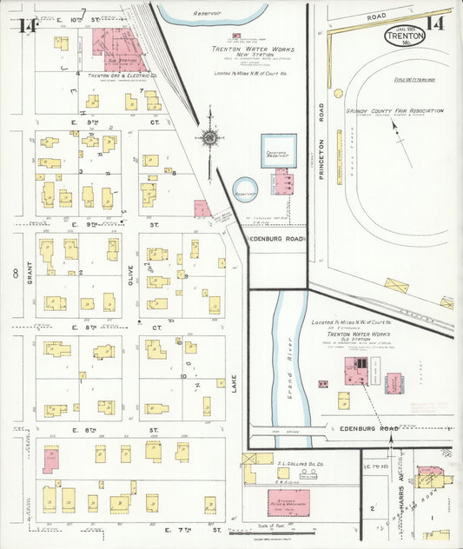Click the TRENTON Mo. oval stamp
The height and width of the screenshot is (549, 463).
[406, 36]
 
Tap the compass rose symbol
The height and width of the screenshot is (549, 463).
[209, 137]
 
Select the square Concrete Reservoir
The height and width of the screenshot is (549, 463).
[279, 150]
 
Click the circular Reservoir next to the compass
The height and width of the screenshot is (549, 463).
[245, 189]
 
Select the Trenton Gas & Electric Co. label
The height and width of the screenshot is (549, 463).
[116, 76]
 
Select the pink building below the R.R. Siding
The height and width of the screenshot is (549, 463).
[288, 502]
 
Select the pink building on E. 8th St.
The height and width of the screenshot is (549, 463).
[51, 459]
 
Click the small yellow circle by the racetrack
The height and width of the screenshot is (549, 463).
[337, 93]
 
